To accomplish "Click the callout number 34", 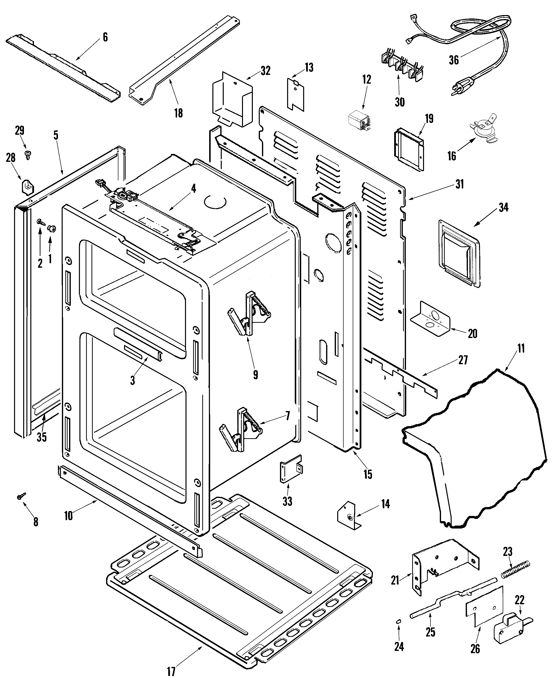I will [x=503, y=208].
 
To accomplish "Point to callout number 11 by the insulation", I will [x=521, y=348].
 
